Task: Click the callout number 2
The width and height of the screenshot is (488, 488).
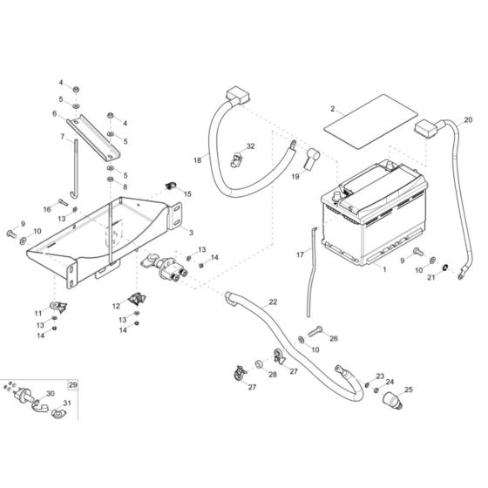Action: tap(332, 109)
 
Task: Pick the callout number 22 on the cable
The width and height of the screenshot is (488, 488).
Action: tap(273, 302)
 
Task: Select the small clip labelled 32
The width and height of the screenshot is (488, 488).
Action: tap(235, 159)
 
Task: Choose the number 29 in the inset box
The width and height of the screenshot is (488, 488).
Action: tap(73, 384)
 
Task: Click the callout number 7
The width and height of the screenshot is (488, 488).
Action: tap(62, 136)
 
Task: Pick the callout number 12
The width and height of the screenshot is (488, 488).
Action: tap(115, 306)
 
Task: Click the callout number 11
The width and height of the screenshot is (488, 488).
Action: tap(37, 313)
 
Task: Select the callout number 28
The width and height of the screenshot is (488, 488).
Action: tap(273, 375)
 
